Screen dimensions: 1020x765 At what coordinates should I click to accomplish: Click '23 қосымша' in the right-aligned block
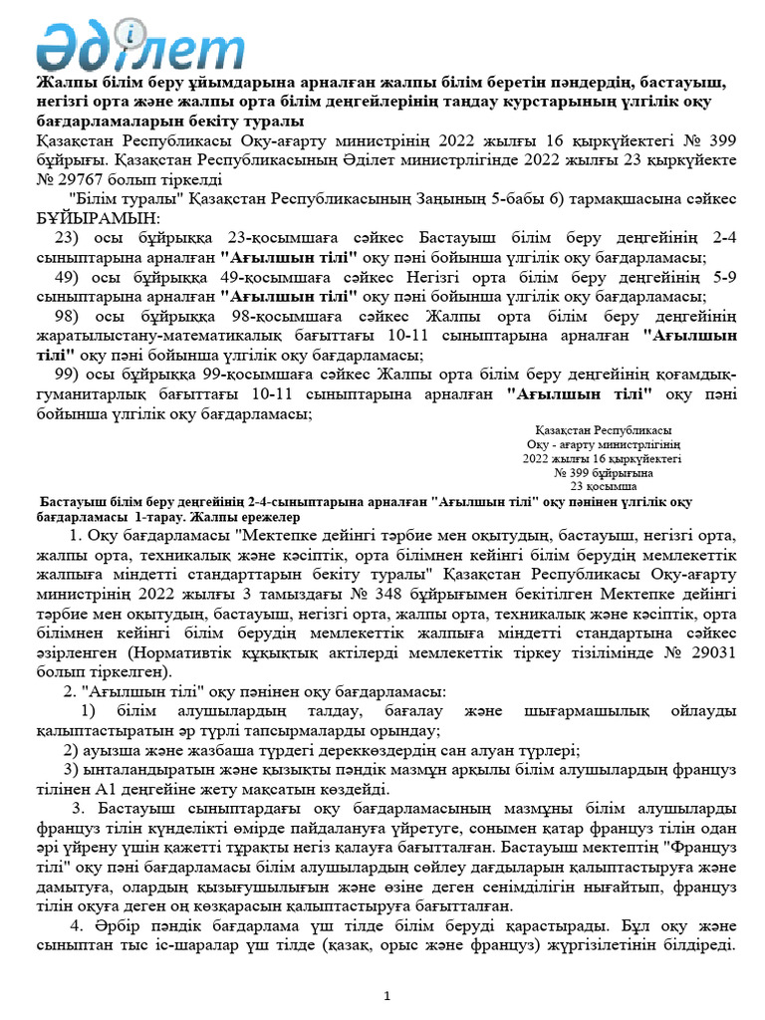coord(603,487)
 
